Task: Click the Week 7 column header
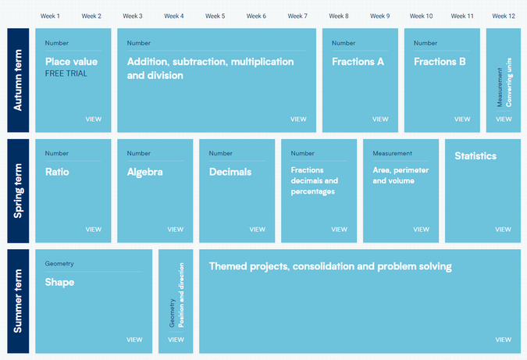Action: [x=297, y=16]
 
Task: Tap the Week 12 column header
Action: [x=504, y=16]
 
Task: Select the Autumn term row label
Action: [x=18, y=80]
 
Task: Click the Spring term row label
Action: [x=18, y=191]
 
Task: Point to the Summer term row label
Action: [x=18, y=301]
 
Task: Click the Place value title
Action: [x=71, y=62]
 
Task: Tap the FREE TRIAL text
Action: [x=66, y=73]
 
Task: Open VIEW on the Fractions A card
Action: [x=380, y=119]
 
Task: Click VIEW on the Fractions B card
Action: [x=462, y=119]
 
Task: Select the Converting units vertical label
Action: [x=509, y=82]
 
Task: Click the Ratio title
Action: [x=57, y=172]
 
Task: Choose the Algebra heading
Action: [x=145, y=172]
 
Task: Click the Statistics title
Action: [x=475, y=156]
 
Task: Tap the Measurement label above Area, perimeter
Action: [x=392, y=153]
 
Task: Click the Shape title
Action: [x=59, y=282]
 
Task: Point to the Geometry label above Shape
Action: [x=59, y=263]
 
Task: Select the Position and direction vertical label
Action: [x=181, y=295]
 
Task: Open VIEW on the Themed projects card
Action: [x=503, y=340]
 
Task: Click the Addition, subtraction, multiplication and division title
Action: [x=210, y=68]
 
